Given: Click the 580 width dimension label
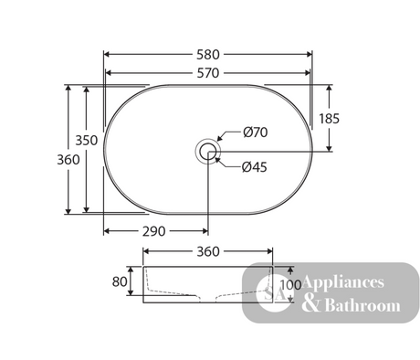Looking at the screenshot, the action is (208, 55).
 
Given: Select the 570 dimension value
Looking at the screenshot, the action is (208, 73).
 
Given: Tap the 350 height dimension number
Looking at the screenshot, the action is (87, 141).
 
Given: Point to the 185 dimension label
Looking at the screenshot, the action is (329, 119).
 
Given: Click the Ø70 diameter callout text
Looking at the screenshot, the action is (256, 132).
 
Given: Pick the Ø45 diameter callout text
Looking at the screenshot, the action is (255, 167).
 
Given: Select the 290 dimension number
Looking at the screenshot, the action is (154, 231).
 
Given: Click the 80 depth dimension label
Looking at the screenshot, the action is (120, 281).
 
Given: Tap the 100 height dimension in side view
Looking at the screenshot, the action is (290, 285).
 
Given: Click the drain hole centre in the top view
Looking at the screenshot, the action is (208, 151).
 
